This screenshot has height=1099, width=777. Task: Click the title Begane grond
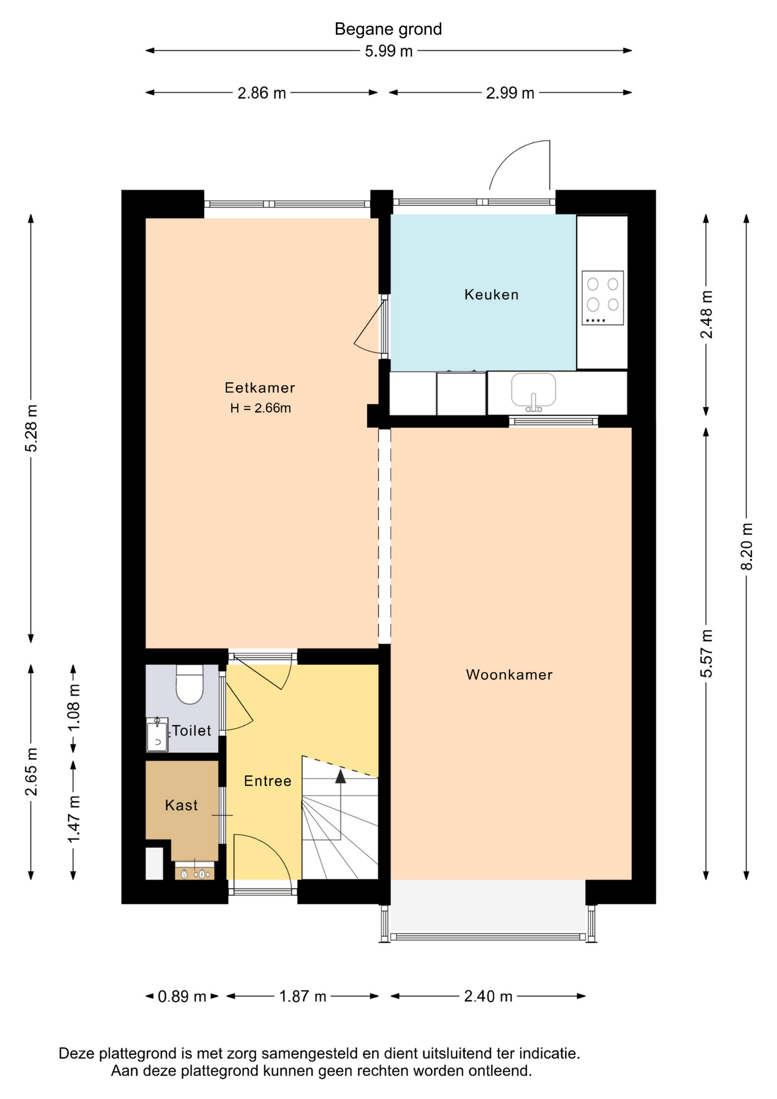[388, 29]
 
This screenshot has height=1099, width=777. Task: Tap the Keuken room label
[491, 295]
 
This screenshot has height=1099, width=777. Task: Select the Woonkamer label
[509, 675]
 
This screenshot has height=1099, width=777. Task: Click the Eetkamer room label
[260, 388]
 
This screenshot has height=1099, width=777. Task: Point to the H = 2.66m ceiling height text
[260, 408]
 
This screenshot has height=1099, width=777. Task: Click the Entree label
[268, 781]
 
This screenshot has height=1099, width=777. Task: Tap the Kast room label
[181, 805]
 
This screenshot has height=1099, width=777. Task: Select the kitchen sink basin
[533, 390]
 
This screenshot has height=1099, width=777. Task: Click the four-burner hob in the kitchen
[602, 298]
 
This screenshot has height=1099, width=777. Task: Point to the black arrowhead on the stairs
[340, 776]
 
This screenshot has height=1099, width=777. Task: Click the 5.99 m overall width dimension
[388, 52]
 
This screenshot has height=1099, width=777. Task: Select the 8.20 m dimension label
[747, 546]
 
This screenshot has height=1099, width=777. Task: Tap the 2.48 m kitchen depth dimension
[707, 314]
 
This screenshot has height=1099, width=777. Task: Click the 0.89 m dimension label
[182, 997]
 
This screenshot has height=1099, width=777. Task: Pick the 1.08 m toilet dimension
[74, 707]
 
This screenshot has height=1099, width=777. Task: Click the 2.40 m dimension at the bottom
[488, 997]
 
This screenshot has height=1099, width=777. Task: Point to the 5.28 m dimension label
[31, 428]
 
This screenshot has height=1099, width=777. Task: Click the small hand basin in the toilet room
[157, 734]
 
